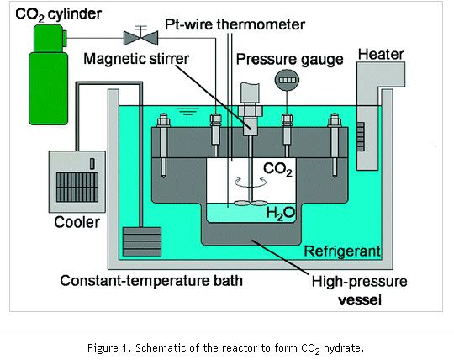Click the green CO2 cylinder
tap(49, 75)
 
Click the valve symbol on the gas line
tap(140, 37)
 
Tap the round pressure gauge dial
tap(287, 80)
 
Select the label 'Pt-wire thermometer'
tap(235, 24)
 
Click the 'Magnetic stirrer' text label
tap(136, 59)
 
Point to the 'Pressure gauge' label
tap(290, 60)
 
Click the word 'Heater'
tap(381, 55)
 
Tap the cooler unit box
tap(77, 182)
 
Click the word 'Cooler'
tap(77, 222)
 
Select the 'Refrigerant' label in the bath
tap(342, 251)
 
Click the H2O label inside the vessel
tap(280, 214)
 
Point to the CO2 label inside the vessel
tap(277, 169)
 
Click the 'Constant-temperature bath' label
tap(151, 281)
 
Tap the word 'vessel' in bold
tap(360, 300)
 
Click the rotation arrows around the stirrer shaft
tap(250, 183)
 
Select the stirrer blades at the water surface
tap(251, 204)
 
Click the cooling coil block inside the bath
tap(142, 241)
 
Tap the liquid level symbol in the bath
tap(188, 112)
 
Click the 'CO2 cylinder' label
tap(58, 14)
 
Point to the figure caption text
tap(225, 348)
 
